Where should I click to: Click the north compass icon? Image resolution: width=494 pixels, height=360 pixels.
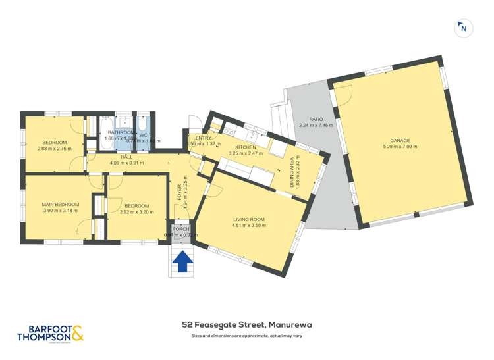[464, 28]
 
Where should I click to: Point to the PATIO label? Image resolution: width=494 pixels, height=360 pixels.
[316, 119]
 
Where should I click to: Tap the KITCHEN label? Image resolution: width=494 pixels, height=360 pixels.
[245, 147]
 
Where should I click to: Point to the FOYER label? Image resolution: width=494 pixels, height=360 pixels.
[178, 192]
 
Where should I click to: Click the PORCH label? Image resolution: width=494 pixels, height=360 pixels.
[180, 230]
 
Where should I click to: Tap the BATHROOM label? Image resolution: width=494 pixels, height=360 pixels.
[121, 132]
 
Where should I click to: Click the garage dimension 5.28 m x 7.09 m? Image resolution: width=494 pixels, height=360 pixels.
[400, 147]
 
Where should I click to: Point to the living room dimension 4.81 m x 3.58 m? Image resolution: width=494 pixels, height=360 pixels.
[248, 226]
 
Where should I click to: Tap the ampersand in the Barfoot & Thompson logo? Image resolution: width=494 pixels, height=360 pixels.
[78, 334]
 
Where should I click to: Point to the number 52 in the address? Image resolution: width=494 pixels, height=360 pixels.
[187, 325]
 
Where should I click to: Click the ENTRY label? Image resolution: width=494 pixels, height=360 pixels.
[203, 138]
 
